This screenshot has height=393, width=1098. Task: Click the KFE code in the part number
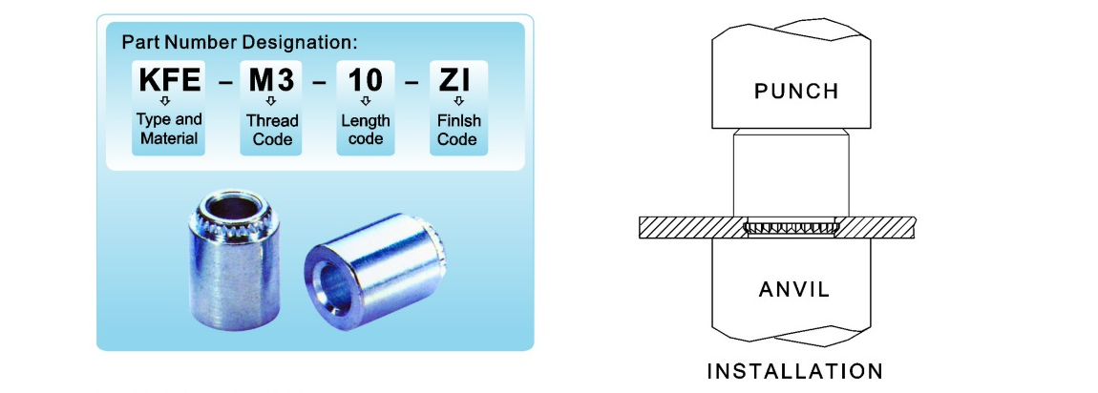coord(169,80)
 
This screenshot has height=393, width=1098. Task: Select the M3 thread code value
coord(272,80)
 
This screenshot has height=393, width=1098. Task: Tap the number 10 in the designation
coord(366,80)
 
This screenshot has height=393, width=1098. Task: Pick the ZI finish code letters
coord(454,80)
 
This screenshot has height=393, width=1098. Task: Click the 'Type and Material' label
coord(169,129)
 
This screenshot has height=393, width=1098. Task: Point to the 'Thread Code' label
coord(272,130)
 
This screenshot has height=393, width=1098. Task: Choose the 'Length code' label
coord(366,130)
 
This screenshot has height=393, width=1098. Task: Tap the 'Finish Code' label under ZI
coord(458,130)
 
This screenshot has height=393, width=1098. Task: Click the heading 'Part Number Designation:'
coord(240,42)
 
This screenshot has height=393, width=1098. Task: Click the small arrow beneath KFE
coord(165,101)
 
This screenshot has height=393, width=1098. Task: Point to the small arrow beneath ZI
coord(458,101)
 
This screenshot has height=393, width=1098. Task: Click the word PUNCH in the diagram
coord(796,92)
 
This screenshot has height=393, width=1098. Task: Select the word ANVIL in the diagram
coord(794,289)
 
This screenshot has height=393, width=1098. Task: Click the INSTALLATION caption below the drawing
coord(794,371)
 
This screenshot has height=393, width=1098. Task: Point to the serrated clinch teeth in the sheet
coord(792,228)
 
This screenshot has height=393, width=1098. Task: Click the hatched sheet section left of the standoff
coord(692,228)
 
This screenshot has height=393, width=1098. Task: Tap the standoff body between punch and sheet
coord(792,174)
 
